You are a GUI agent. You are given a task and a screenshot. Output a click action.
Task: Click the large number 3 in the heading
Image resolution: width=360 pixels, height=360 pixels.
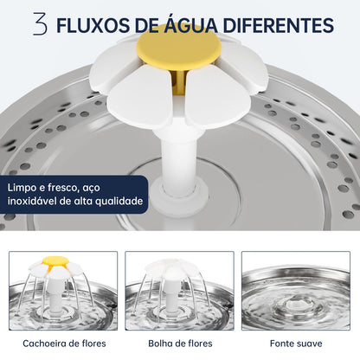40,23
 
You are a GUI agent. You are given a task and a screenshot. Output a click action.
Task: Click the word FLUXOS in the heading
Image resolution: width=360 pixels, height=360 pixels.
92,24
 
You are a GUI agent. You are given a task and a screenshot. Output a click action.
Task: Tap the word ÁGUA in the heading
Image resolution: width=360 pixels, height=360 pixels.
190,24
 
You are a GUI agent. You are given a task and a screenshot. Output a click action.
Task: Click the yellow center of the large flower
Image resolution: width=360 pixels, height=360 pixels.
179,47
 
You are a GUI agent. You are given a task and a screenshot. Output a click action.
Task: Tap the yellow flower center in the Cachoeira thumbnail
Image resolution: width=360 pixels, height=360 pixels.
55,260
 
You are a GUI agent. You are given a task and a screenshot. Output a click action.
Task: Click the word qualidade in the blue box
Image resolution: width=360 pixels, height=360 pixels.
119,202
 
